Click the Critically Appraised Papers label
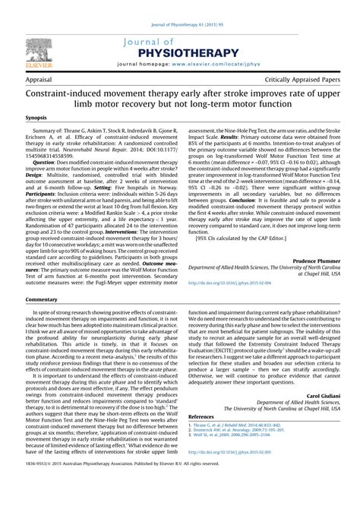tap(308, 79)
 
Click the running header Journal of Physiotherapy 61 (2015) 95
tap(180, 5)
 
